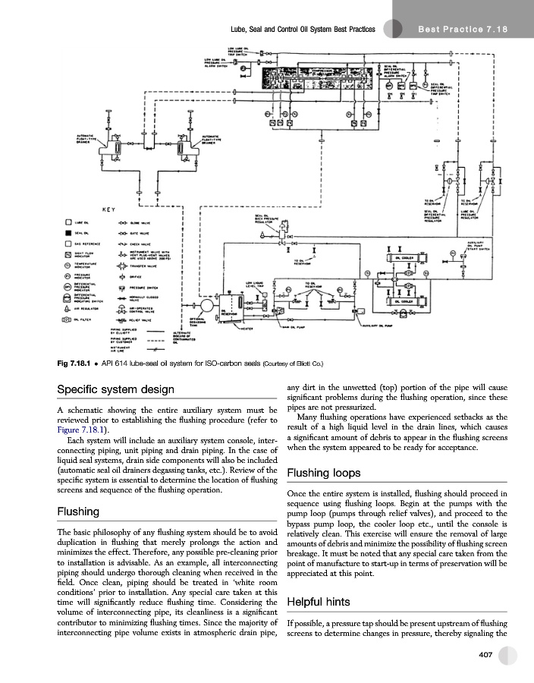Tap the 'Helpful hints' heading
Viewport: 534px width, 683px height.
click(x=319, y=603)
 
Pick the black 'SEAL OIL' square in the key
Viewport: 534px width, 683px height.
click(x=68, y=232)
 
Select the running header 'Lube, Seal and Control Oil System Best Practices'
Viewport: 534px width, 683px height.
click(x=303, y=30)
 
